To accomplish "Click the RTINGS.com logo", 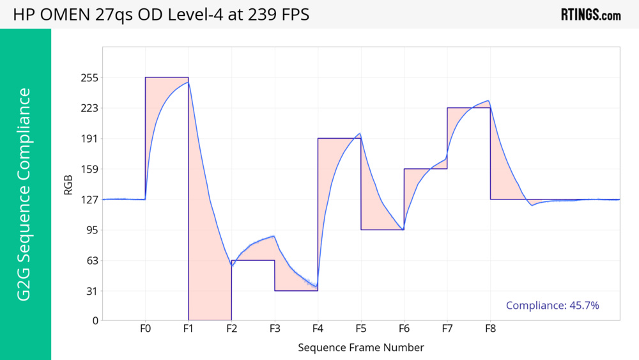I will coord(590,15).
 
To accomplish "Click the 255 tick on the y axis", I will coord(89,77).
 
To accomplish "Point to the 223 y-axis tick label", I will coord(89,108).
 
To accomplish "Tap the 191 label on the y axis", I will coord(89,139).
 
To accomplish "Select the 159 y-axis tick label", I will coord(89,169).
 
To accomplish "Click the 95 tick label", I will coord(92,230).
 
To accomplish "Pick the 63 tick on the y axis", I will coord(92,261).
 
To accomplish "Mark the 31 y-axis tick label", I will coord(92,292).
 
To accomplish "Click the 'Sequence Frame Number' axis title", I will coord(361,348).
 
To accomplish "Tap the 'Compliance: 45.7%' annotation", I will coord(552,306).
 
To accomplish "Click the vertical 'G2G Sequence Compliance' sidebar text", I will coord(24,194).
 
